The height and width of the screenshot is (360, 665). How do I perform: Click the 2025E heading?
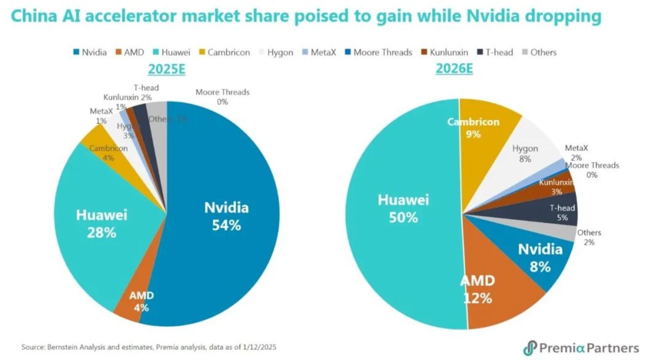coord(166,69)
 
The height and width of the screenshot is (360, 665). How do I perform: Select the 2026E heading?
coord(454,69)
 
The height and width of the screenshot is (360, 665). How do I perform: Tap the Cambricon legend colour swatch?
coord(202,53)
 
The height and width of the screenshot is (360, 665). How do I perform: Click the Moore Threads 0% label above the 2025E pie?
coord(222,96)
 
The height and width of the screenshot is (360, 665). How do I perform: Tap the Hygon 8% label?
coord(525,153)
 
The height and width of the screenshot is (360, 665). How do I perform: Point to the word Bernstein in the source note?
coord(62,347)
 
